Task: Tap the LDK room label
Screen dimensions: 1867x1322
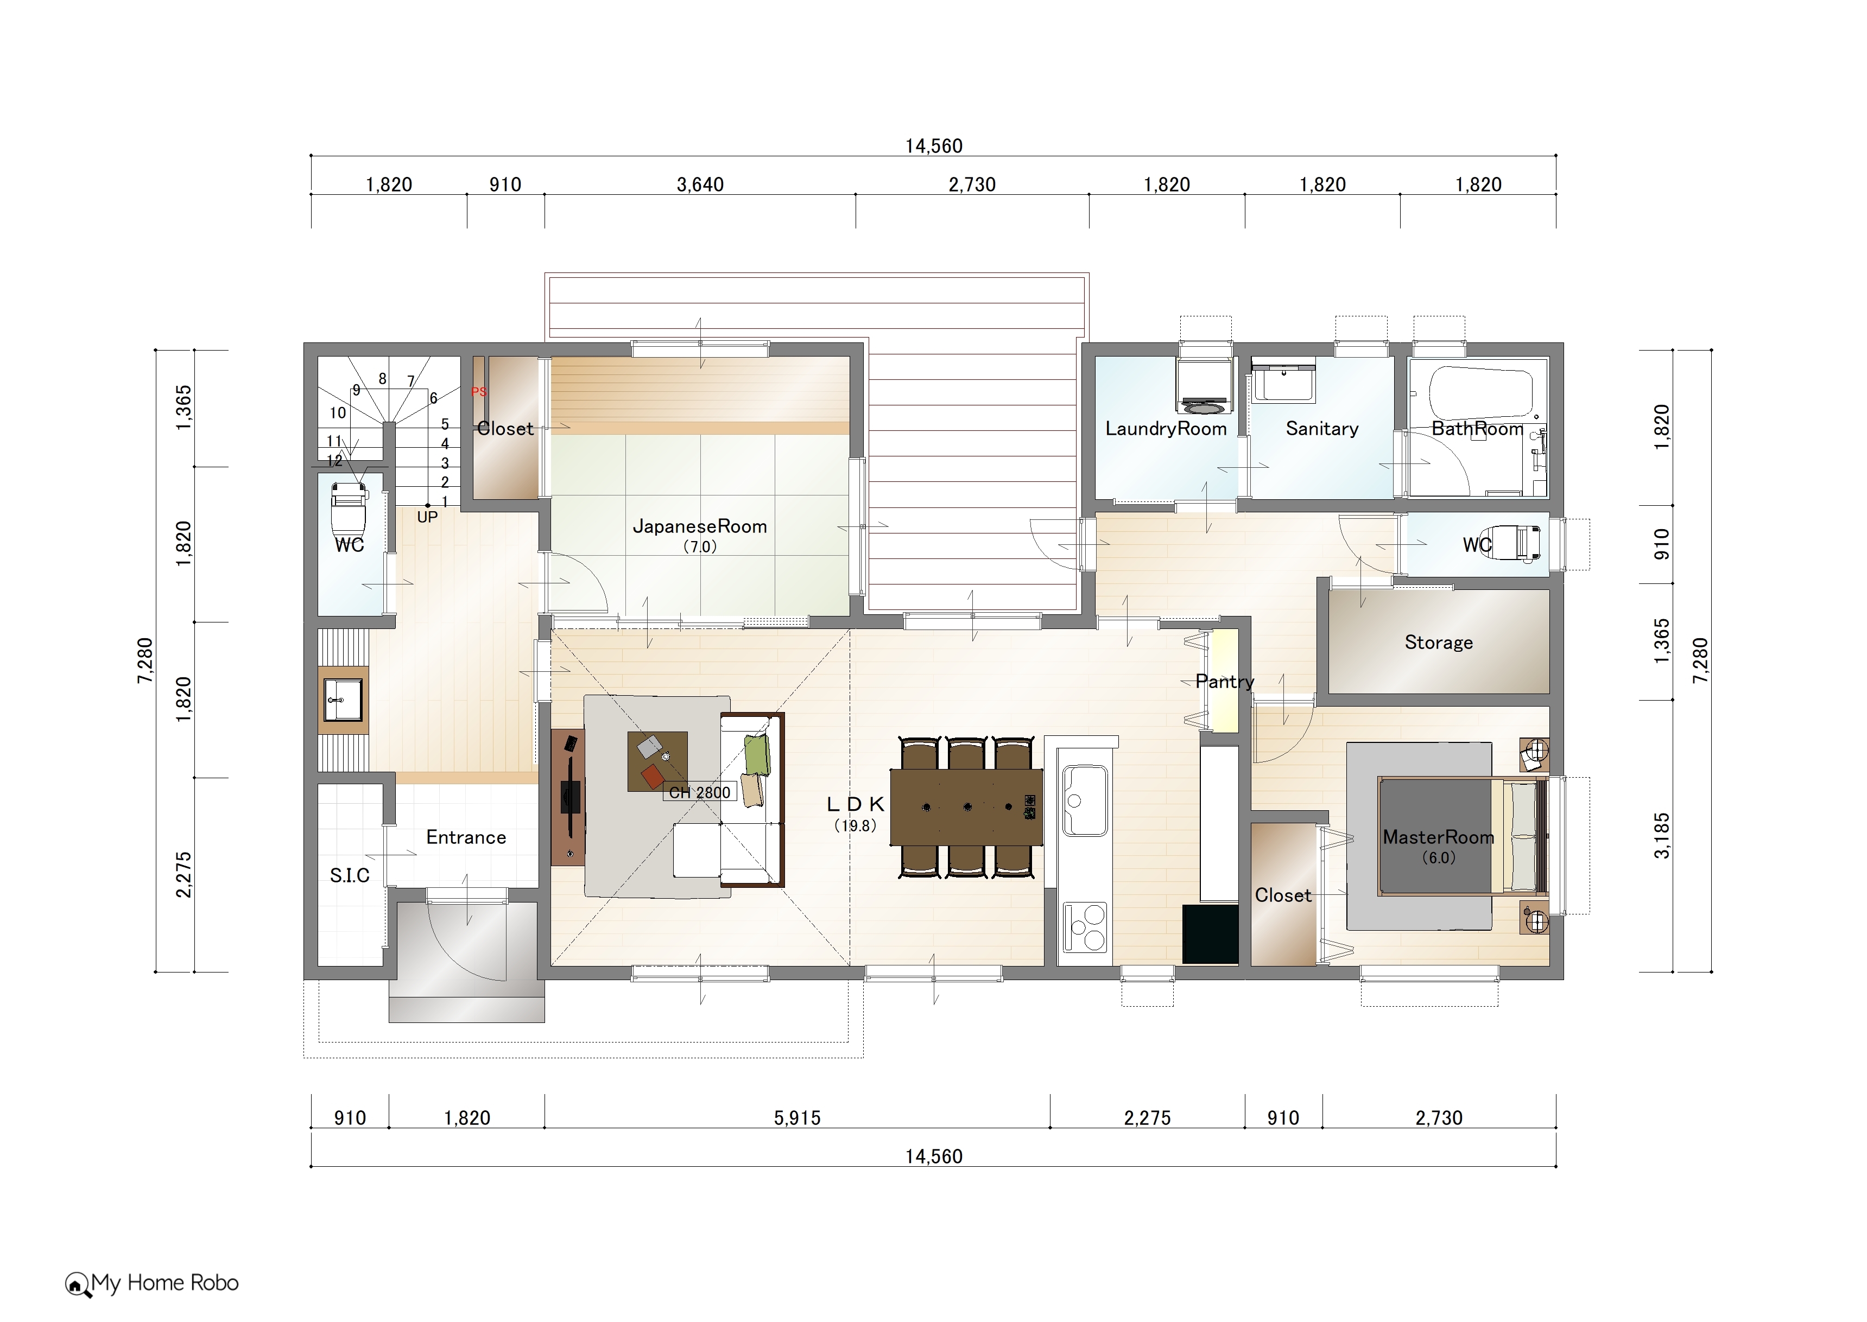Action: point(855,804)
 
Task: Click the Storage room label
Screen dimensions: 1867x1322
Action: point(1439,643)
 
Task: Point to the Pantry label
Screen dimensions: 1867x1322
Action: point(1225,682)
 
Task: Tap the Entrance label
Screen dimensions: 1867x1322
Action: point(466,838)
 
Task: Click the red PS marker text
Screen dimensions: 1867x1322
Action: point(479,392)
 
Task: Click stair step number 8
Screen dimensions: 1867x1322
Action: point(383,379)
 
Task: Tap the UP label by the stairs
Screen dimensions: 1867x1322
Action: point(427,517)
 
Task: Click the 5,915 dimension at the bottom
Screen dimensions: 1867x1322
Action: point(797,1118)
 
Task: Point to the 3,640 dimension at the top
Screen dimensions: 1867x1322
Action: point(700,185)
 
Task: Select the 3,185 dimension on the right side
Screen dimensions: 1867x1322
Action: point(1662,835)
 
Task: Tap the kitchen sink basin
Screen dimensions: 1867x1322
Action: point(1085,800)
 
